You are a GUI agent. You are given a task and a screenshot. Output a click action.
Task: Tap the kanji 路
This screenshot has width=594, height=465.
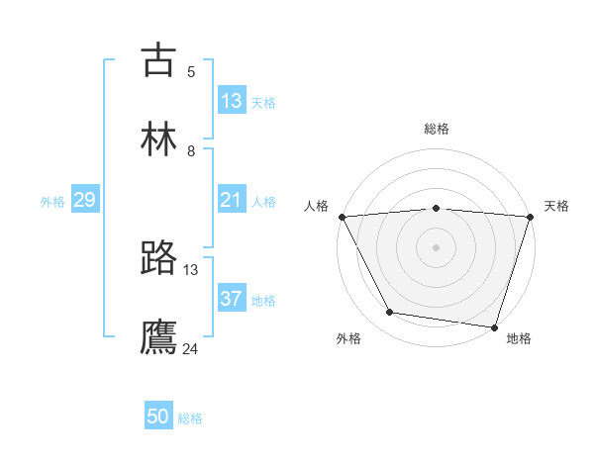(158, 258)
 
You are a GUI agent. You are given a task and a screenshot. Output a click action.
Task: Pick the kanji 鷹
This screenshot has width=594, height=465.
(158, 337)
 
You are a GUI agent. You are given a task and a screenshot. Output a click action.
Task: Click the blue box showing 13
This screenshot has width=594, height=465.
(232, 101)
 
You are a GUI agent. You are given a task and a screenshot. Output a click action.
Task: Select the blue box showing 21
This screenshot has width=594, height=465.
(231, 201)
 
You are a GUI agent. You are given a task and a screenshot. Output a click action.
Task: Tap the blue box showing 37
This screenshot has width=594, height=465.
(232, 300)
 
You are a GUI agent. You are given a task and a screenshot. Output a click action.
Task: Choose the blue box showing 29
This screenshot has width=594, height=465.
(84, 201)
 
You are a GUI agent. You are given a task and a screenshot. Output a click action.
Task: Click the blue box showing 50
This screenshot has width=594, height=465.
(158, 418)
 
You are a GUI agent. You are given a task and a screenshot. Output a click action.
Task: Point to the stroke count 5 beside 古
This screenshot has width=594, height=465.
(191, 71)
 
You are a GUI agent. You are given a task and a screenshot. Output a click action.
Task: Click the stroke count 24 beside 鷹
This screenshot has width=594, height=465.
(191, 348)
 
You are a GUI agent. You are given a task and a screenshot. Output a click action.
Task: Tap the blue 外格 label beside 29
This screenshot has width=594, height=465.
(52, 202)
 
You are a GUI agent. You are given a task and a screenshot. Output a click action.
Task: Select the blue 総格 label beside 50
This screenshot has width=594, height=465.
(190, 418)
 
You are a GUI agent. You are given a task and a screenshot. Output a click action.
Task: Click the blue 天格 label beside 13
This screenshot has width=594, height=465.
(263, 102)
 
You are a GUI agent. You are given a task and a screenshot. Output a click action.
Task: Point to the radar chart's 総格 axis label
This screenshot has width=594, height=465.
(437, 129)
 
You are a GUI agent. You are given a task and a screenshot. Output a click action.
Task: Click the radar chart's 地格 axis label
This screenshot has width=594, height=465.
(519, 338)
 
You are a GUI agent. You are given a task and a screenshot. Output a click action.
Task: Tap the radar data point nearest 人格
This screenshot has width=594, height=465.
(342, 216)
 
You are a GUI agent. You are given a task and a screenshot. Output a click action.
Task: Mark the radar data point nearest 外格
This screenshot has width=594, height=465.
(390, 313)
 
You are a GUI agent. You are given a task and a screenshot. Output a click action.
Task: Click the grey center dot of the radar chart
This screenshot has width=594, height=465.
(436, 246)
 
